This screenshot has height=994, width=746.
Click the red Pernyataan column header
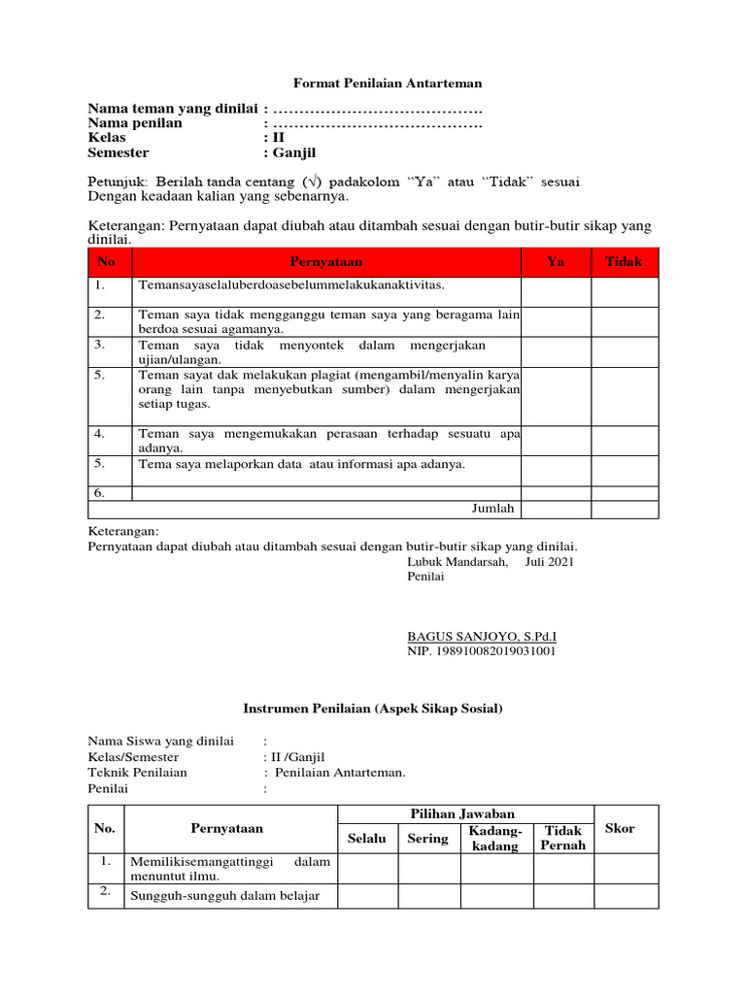(x=325, y=262)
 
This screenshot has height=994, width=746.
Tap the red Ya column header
(x=556, y=262)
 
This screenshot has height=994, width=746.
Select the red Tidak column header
(x=625, y=262)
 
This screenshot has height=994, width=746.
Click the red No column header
(x=107, y=262)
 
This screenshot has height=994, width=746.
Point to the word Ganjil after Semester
(x=294, y=152)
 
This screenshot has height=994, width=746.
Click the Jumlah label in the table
(x=493, y=508)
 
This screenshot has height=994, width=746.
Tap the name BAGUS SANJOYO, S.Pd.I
(x=482, y=637)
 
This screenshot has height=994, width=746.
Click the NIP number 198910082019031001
(x=482, y=651)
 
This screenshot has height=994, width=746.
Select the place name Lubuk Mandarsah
(x=457, y=561)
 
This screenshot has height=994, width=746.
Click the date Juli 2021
(x=550, y=561)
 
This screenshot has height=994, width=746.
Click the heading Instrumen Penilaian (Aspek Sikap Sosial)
(x=372, y=710)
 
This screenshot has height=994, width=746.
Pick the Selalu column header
(x=367, y=839)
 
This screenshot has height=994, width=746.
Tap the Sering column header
(x=428, y=839)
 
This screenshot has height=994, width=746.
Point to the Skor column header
(x=620, y=828)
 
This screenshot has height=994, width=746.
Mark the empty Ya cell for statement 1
(x=556, y=291)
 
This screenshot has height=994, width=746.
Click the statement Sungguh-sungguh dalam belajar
(x=224, y=895)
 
